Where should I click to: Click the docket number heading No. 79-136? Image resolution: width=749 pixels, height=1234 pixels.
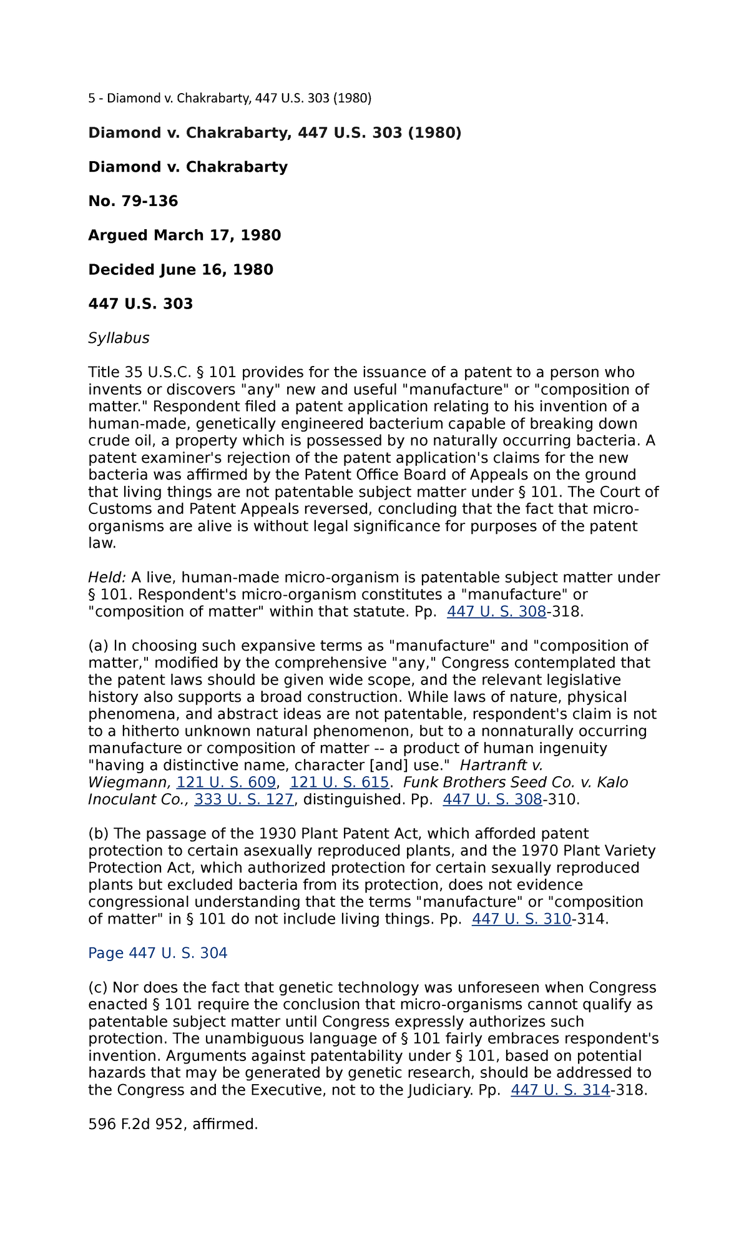pos(133,201)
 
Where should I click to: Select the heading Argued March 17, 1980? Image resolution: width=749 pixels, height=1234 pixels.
pos(184,235)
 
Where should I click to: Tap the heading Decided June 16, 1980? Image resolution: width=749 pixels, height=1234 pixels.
pos(180,270)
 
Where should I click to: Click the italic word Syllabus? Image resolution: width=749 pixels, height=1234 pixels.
pos(119,338)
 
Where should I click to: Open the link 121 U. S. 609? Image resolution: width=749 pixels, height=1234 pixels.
pos(226,782)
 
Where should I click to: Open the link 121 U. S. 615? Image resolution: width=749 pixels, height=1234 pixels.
pos(340,782)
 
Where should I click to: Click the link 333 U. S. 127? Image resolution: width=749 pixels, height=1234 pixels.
pos(243,799)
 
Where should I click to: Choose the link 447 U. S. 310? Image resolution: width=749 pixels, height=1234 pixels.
pos(521,919)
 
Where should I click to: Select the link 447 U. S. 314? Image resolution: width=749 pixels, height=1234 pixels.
pos(560,1090)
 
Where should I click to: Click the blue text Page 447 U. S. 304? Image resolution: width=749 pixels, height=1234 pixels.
pos(157,953)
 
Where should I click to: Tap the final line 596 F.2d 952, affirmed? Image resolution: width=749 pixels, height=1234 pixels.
pos(173,1125)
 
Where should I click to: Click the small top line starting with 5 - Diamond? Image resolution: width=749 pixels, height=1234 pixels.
pos(230,98)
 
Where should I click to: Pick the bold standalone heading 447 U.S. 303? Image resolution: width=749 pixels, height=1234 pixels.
pos(140,304)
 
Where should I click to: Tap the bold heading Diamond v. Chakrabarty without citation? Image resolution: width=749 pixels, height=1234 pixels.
pos(188,167)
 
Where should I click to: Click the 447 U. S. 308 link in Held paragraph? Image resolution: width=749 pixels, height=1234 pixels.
pos(496,612)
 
